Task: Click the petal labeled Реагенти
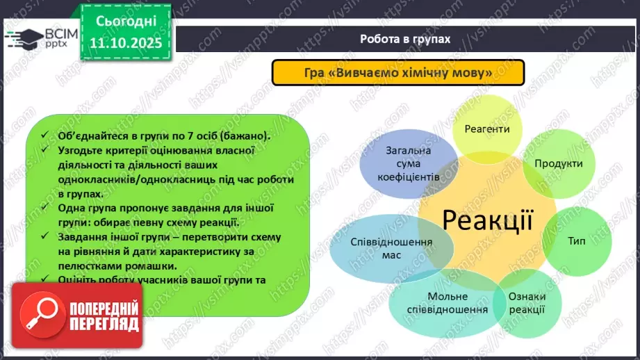tap(487, 129)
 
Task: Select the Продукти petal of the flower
tap(558, 164)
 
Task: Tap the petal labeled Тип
tap(576, 241)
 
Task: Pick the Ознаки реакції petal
tap(527, 303)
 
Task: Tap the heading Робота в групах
tap(405, 39)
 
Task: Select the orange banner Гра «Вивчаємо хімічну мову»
tap(397, 72)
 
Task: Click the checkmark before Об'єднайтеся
tap(44, 136)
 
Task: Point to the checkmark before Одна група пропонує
tap(44, 208)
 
